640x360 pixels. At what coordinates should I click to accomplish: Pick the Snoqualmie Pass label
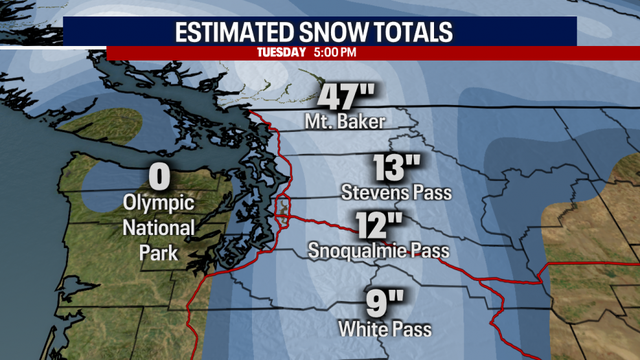(379, 249)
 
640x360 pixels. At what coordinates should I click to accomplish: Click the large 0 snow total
(158, 177)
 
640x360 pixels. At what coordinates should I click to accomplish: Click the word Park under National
(157, 253)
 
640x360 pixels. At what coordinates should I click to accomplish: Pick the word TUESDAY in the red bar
(281, 52)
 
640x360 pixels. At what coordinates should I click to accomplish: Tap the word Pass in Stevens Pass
(432, 191)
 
